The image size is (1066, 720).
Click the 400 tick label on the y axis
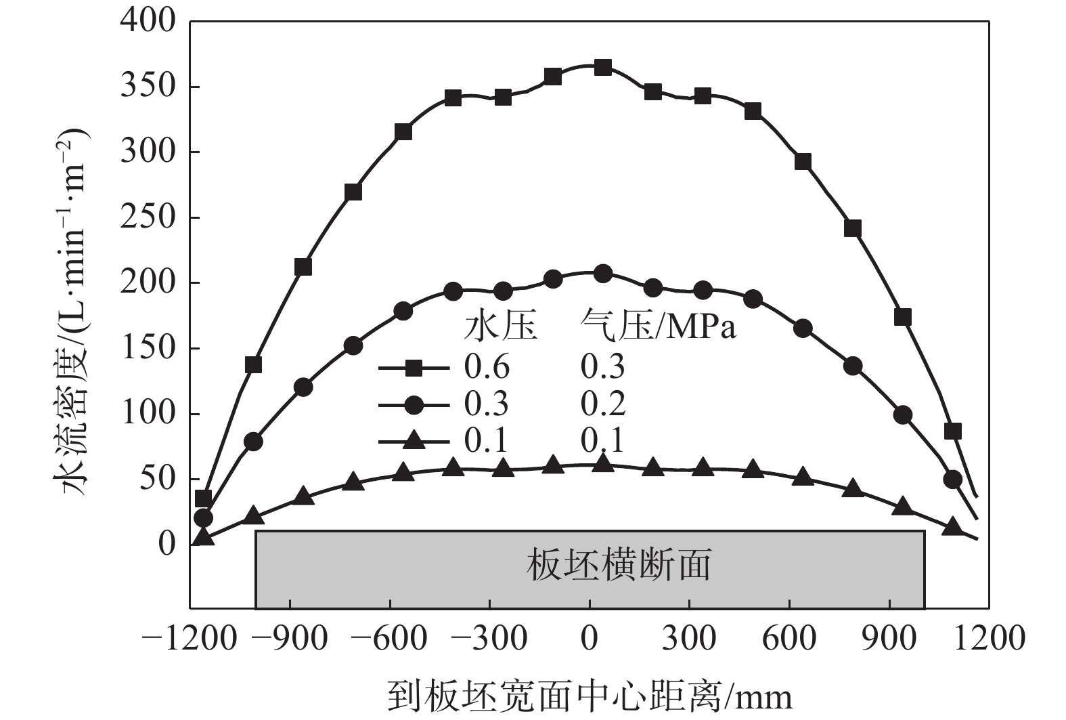(148, 22)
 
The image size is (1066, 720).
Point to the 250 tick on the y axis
(148, 217)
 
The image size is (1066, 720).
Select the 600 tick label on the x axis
(789, 638)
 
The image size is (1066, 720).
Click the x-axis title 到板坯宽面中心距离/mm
(589, 696)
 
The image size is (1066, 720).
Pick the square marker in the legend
(414, 368)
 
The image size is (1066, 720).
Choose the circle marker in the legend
(414, 405)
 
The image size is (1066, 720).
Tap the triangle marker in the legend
(414, 442)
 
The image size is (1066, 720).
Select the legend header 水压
(500, 327)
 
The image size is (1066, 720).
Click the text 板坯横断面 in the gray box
(618, 565)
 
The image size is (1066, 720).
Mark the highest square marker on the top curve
(603, 67)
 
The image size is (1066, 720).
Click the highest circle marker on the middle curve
(603, 274)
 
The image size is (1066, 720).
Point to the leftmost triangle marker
(203, 537)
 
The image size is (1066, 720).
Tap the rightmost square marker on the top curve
(953, 431)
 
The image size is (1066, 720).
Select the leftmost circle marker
(203, 518)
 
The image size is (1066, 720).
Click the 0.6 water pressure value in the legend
(487, 367)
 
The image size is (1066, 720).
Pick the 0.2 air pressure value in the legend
(603, 404)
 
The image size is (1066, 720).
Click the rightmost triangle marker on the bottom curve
(953, 526)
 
